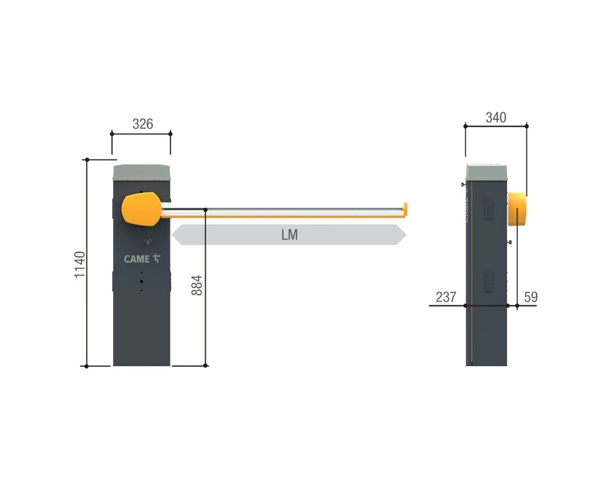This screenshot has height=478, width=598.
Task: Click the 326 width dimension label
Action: [143, 124]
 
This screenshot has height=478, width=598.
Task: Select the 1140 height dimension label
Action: [80, 265]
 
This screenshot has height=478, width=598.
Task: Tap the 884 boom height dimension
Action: [196, 286]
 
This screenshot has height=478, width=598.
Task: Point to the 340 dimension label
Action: [496, 117]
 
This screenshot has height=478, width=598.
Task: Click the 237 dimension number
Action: [446, 297]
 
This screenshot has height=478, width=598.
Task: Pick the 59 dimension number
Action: [531, 297]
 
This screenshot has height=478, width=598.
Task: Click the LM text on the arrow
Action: [289, 235]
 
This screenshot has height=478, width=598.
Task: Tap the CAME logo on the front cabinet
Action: [142, 259]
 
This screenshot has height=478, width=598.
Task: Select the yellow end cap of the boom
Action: [405, 209]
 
